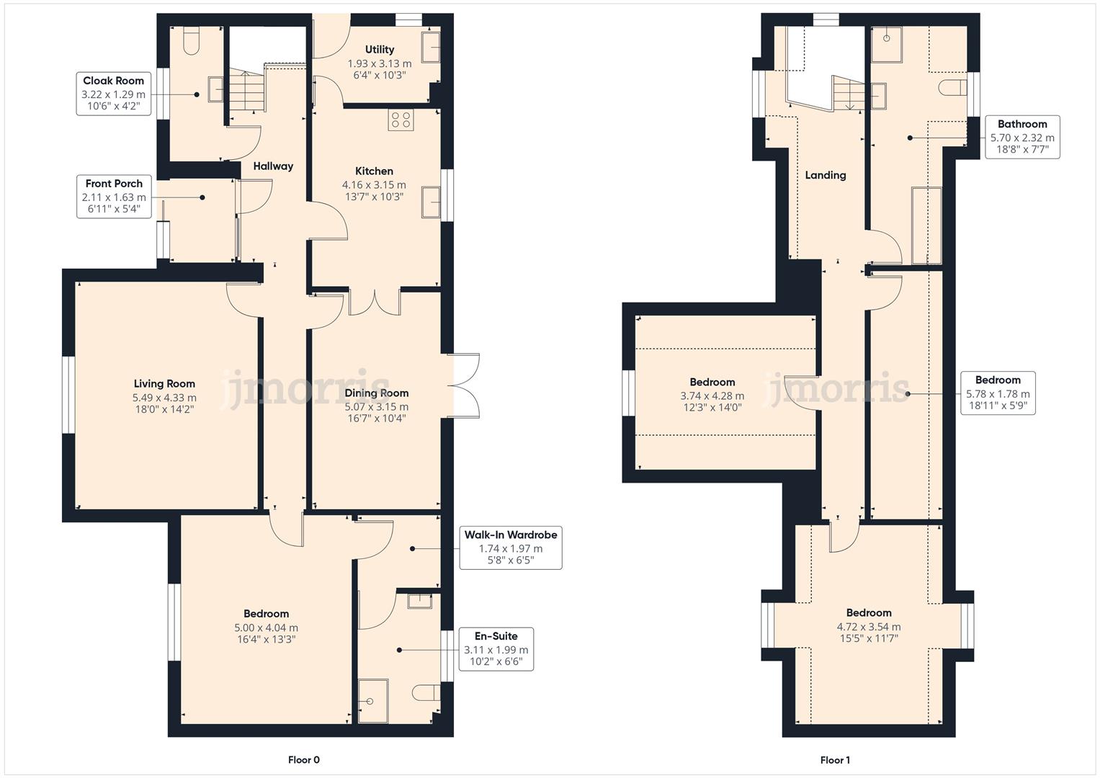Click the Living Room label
164,384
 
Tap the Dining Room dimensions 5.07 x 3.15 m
376,406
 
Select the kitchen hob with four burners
401,120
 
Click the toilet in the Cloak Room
192,43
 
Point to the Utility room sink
431,47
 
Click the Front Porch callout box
115,197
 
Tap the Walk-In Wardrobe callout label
510,548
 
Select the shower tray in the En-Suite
372,700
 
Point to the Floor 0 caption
303,759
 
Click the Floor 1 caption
835,759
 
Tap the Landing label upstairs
825,175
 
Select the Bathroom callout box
1021,137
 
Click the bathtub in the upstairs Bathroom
926,225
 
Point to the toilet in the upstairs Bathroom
952,88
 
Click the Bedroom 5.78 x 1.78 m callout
998,393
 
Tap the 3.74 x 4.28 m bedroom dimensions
712,395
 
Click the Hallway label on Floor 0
273,166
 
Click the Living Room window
68,395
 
